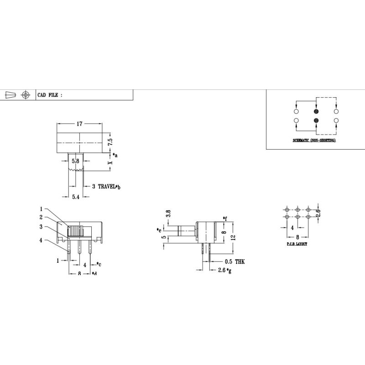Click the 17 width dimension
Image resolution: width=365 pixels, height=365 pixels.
tap(79, 124)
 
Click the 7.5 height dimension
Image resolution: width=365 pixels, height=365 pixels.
tap(110, 142)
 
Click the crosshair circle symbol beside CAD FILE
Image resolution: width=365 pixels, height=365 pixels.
tap(26, 95)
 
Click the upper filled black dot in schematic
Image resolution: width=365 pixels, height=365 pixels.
tap(316, 112)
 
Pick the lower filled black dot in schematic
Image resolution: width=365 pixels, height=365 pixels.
tap(316, 120)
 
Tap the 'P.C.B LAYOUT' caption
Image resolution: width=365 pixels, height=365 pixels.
tap(297, 244)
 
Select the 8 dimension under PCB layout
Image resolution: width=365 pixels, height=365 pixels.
tap(297, 237)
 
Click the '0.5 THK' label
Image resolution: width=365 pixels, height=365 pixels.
tap(235, 261)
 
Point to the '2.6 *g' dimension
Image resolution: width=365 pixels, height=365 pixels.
tap(225, 271)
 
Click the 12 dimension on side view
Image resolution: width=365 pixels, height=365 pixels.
tap(233, 237)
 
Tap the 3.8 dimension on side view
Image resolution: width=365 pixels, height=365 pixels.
tap(168, 213)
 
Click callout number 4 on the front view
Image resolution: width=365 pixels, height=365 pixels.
tap(41, 240)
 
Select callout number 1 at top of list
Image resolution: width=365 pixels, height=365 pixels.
tap(41, 209)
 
